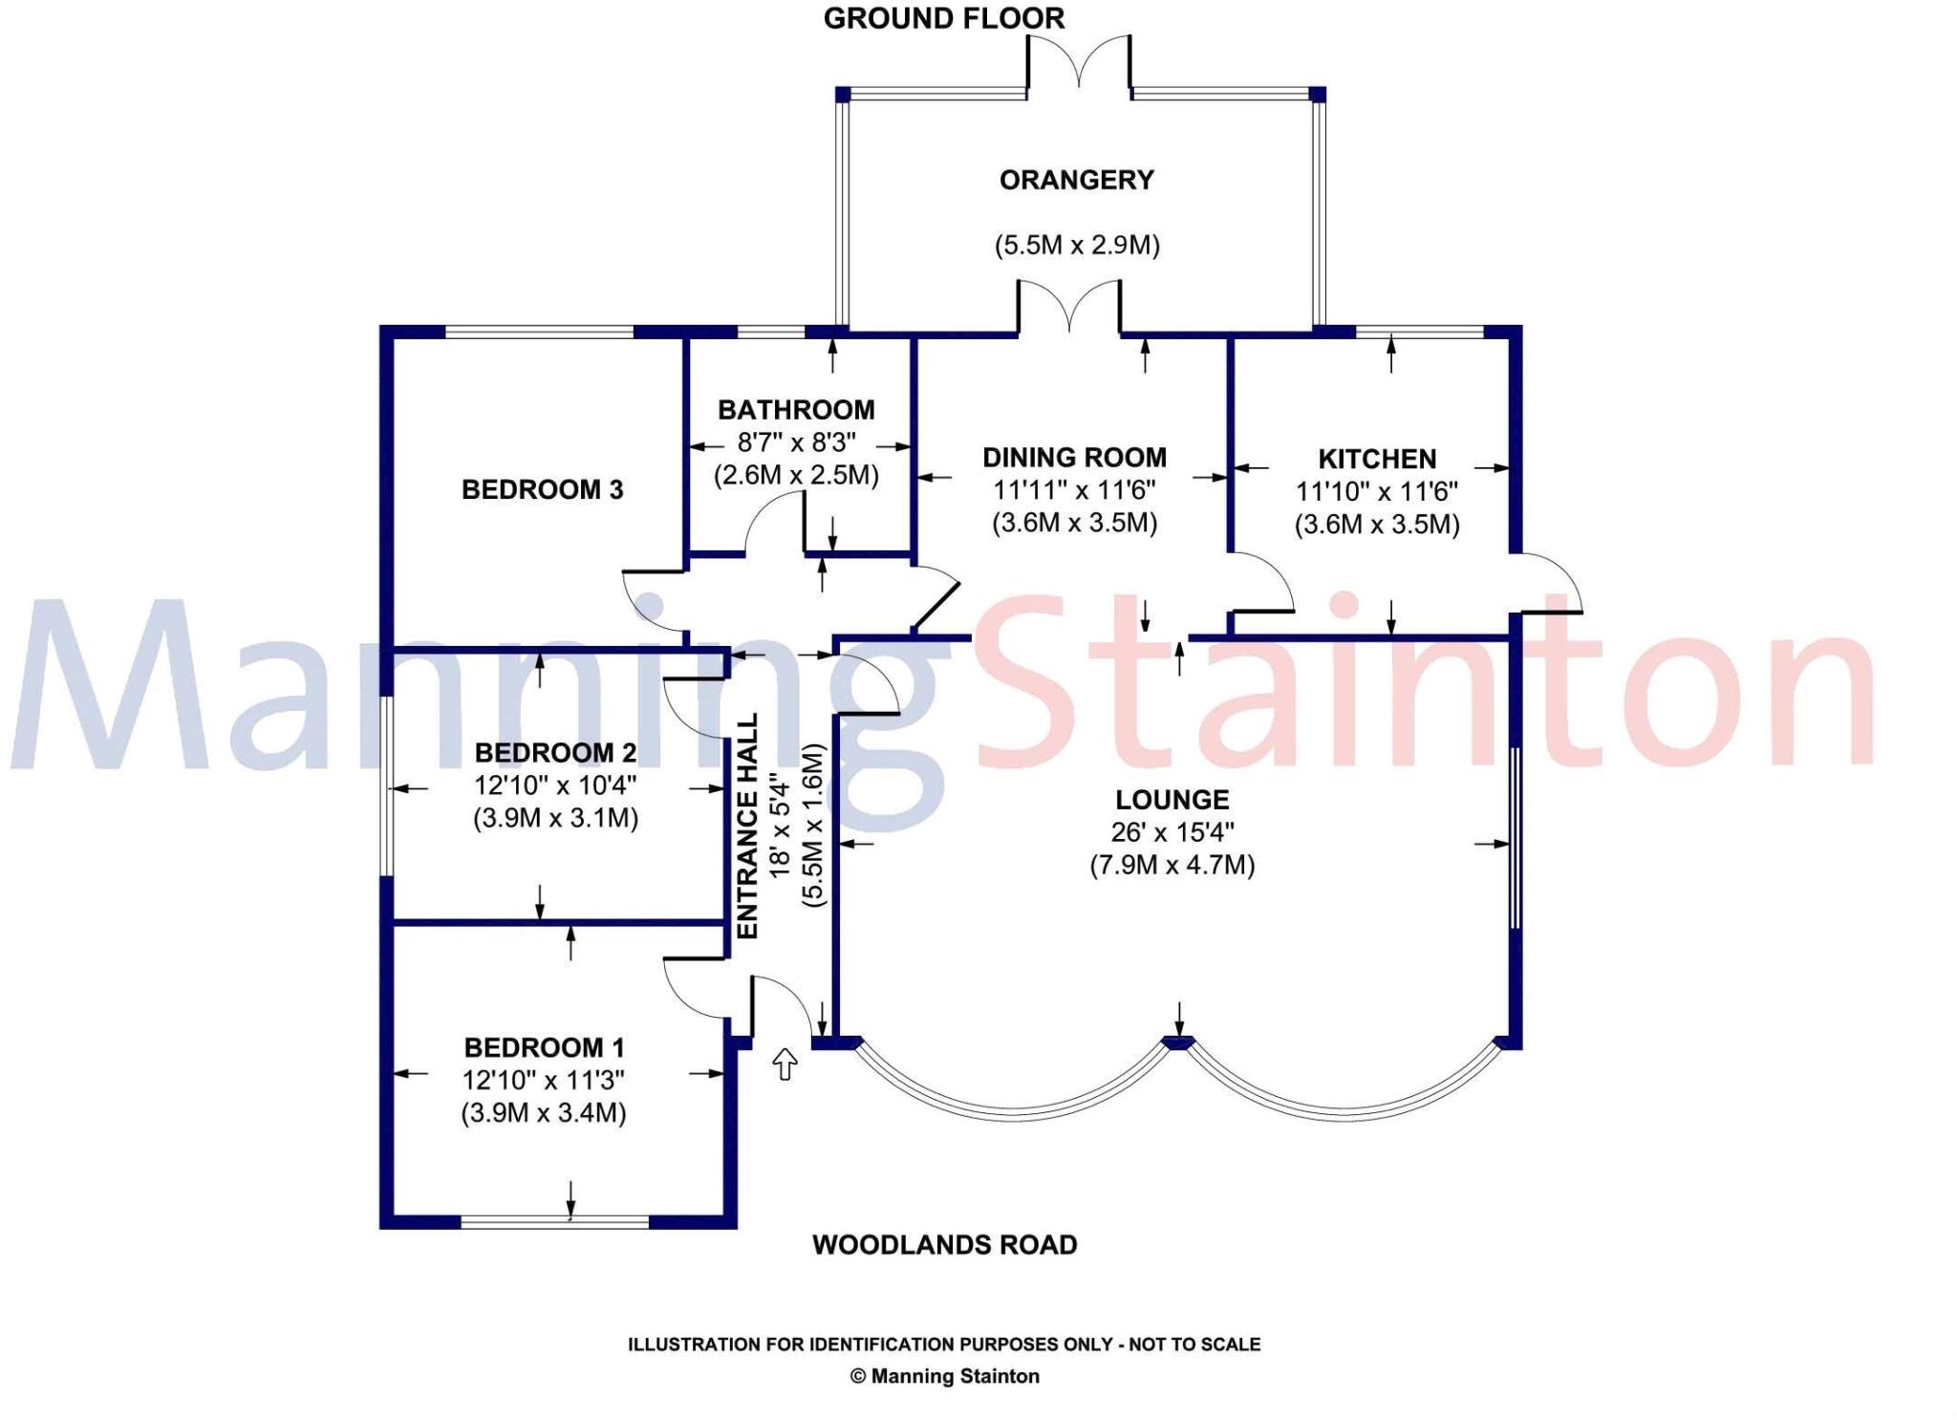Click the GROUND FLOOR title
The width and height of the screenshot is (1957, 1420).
943,19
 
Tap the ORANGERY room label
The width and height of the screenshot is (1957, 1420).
1076,180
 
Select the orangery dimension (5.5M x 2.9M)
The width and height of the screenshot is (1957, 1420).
1076,246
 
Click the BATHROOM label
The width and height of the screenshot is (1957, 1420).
796,410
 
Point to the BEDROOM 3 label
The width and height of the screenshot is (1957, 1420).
542,490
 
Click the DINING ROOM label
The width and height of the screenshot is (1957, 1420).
1074,458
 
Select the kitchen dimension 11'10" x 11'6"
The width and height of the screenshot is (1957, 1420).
1376,492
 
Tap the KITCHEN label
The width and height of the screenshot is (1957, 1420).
1376,460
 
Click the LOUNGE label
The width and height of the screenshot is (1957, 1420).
1172,800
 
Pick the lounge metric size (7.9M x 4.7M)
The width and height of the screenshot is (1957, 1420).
1172,866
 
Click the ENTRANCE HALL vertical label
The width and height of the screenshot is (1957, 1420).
748,827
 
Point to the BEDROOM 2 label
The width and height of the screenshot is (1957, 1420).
555,753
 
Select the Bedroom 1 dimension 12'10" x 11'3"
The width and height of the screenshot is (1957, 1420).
543,1081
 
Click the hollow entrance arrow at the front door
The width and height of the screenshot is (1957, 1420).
785,1064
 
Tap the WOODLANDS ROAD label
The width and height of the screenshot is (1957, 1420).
944,1245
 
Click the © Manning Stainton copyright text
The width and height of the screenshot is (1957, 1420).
944,1376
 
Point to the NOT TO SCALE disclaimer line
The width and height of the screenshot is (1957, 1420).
944,1345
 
